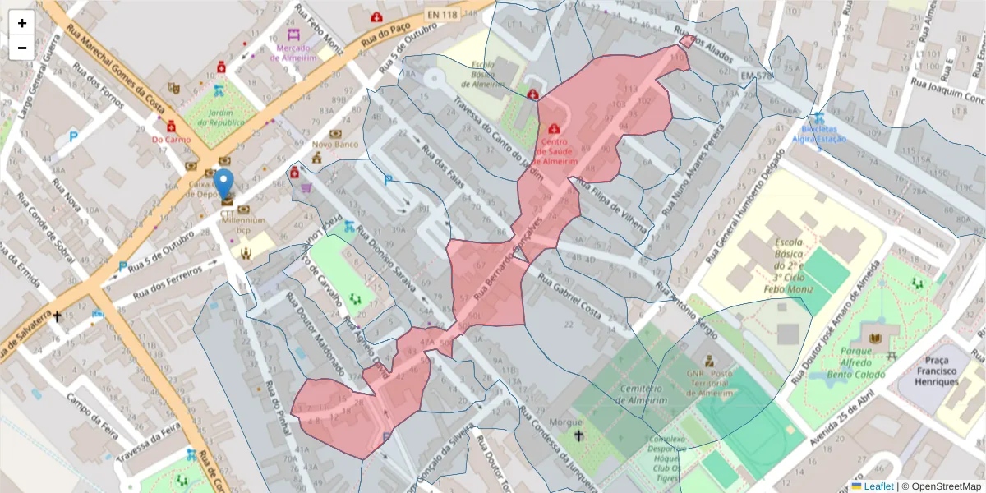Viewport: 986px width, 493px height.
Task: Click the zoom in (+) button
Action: tap(22, 23)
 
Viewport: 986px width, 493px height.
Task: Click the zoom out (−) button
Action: tap(22, 48)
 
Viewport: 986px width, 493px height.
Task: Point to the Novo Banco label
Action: tap(335, 145)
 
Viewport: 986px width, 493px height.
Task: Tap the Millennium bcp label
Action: tap(243, 224)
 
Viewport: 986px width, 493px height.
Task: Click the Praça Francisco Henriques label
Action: tap(937, 371)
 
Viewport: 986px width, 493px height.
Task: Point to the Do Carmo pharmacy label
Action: tap(171, 139)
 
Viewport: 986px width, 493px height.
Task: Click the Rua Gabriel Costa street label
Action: tap(569, 293)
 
